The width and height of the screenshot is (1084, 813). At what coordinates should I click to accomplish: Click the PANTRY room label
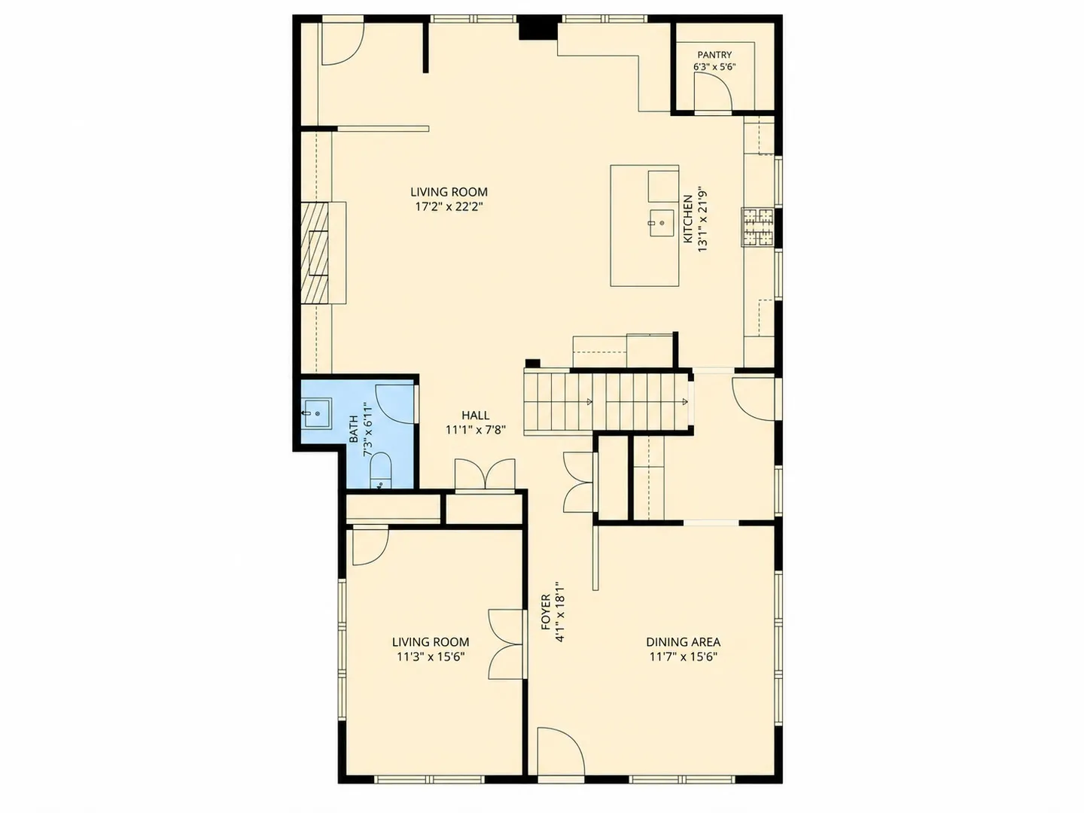coord(714,55)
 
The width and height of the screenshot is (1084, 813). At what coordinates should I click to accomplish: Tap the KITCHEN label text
coord(687,219)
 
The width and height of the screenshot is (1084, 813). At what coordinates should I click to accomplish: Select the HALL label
coord(475,415)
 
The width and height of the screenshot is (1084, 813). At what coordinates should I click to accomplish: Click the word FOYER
coord(546,612)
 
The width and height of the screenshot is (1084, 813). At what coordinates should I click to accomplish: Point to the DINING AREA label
coord(683,641)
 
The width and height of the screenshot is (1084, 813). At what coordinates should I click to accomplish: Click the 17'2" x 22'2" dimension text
coord(449,206)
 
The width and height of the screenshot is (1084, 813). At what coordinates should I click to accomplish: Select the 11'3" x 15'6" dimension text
coord(431,656)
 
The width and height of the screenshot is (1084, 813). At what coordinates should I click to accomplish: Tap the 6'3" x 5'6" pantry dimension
coord(714,67)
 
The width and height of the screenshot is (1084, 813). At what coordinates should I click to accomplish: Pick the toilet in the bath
coord(380,471)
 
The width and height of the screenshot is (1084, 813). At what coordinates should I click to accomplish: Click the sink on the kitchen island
coord(662,224)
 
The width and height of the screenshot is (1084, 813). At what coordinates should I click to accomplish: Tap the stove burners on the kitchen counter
coord(757,227)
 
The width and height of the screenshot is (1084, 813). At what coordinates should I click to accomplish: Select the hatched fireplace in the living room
coord(315,252)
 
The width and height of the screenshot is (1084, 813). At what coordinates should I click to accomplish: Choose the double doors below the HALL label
coord(485,475)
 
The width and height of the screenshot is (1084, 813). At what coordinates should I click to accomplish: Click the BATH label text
coord(354,429)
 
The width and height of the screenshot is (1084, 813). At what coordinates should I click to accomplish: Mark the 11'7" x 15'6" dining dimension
coord(683,656)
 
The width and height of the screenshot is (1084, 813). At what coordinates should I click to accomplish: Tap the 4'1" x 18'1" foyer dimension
coord(559,611)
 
